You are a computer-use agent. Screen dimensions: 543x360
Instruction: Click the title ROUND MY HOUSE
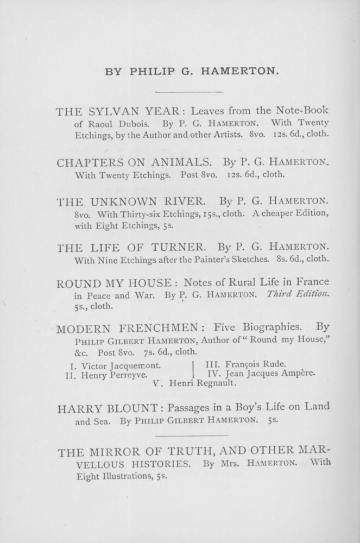[x=115, y=282]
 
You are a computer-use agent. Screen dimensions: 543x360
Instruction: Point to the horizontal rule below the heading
[x=190, y=92]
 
